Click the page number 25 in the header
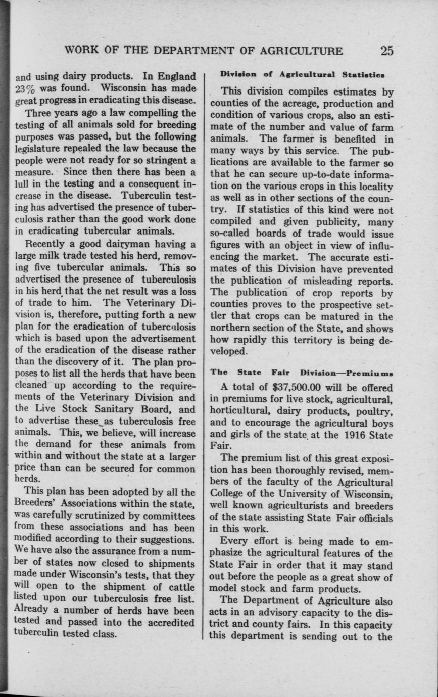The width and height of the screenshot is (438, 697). (387, 51)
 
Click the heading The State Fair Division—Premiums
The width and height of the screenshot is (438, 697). (302, 373)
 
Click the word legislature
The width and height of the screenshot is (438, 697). (37, 149)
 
